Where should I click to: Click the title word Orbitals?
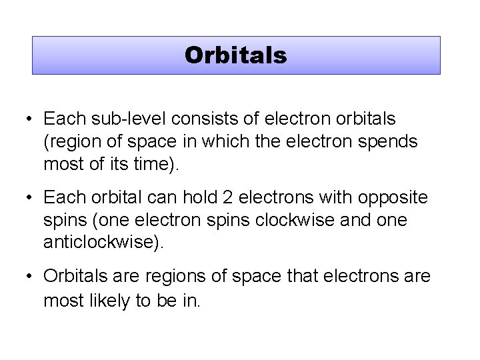(x=236, y=55)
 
